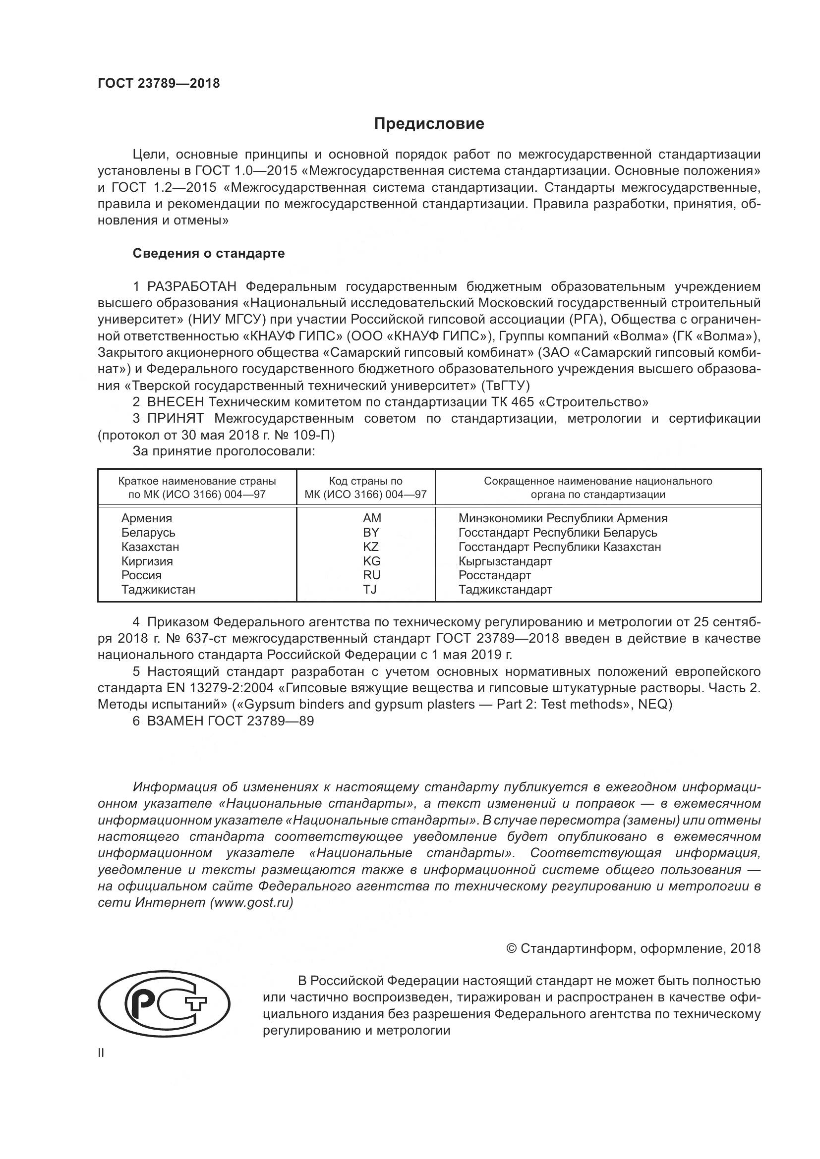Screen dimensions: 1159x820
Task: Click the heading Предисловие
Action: (429, 124)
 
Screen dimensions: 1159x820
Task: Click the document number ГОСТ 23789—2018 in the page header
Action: (159, 84)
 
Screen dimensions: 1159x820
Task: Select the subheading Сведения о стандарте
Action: (209, 253)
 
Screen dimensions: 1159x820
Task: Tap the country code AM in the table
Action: (372, 518)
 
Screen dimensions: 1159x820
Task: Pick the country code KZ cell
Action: (371, 547)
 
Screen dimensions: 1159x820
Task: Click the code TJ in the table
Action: (370, 589)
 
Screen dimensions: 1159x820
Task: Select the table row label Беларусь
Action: (148, 533)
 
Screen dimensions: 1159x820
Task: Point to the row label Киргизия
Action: (147, 561)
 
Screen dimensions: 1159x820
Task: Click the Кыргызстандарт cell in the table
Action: (505, 561)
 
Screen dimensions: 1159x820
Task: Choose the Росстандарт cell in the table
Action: (494, 575)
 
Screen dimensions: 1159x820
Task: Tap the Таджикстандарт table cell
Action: (505, 589)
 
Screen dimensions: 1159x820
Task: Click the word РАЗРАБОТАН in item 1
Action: (192, 287)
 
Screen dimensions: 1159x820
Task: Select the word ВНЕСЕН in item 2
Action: (176, 402)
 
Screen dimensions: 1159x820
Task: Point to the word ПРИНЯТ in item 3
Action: (176, 419)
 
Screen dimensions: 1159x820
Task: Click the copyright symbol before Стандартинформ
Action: (511, 948)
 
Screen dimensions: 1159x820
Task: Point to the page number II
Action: (101, 1053)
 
